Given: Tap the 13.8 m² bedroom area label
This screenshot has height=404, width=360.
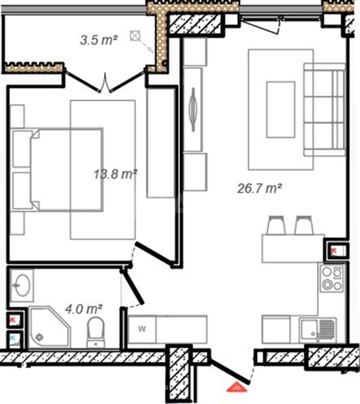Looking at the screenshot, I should point(114,173).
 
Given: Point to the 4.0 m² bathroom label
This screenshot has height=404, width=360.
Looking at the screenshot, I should point(83,310).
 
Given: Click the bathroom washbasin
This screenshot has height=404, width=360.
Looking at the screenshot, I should point(24,286).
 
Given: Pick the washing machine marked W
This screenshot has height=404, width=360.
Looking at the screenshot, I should point(142,328).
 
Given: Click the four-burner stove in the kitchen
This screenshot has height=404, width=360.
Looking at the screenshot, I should point(331,279).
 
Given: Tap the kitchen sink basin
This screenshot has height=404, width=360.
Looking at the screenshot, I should point(310,329).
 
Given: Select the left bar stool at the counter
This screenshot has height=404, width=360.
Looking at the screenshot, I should point(274,224).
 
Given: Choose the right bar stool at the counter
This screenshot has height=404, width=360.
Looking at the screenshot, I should point(305,224).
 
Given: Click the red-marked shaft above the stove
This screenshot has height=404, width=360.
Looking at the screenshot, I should point(336,250).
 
